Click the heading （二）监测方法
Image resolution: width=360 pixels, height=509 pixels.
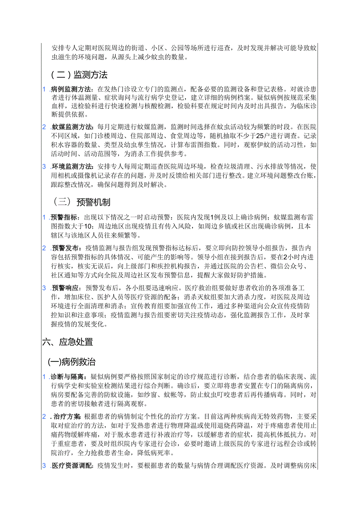click(79, 74)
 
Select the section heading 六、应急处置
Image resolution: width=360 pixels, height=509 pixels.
click(67, 342)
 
